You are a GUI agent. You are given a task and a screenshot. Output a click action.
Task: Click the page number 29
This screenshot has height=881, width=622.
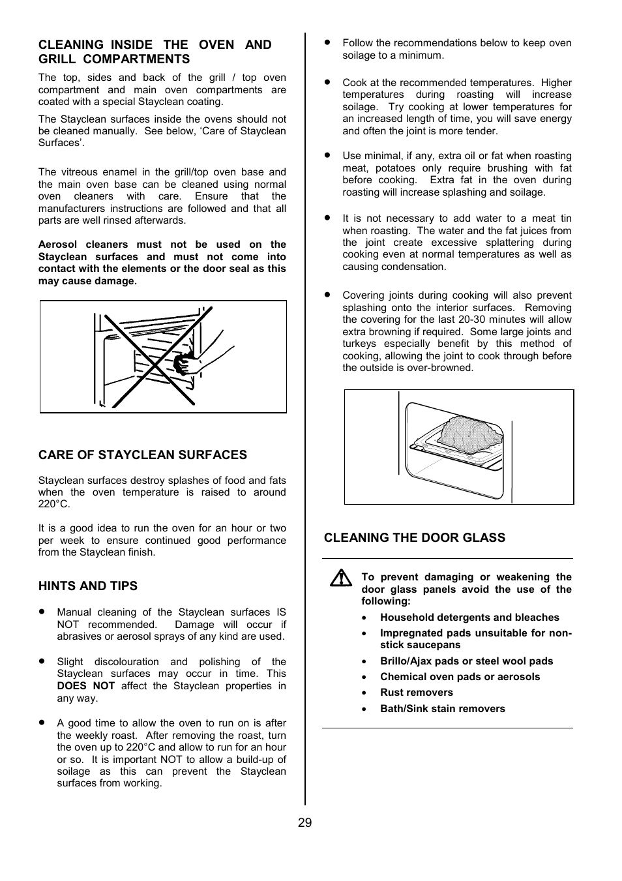(304, 823)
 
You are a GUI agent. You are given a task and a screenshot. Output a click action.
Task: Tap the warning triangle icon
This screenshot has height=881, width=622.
(340, 578)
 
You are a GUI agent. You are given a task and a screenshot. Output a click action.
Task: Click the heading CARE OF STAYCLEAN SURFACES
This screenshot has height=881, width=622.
(142, 455)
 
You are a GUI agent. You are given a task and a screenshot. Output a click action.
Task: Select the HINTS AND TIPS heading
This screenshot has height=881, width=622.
(88, 586)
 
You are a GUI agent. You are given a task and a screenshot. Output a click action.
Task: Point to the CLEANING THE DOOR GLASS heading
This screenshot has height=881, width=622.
(414, 538)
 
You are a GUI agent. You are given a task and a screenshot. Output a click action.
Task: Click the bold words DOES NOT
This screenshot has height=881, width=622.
(85, 686)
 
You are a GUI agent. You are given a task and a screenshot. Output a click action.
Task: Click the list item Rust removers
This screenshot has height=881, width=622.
(416, 693)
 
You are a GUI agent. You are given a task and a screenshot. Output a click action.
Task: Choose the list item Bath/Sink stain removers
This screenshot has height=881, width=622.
(442, 709)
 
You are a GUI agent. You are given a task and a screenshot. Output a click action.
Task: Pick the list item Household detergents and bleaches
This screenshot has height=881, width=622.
(469, 618)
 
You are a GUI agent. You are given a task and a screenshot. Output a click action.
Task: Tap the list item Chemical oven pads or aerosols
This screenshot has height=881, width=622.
(460, 677)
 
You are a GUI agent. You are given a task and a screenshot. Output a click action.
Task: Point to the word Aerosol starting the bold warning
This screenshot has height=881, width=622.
(57, 245)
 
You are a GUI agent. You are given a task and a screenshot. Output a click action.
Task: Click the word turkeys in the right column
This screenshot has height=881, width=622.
(359, 344)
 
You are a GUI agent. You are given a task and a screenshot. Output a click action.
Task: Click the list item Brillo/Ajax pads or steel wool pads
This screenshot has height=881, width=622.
(466, 661)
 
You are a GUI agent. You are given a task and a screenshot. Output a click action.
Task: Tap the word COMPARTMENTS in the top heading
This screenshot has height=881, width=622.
(137, 59)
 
